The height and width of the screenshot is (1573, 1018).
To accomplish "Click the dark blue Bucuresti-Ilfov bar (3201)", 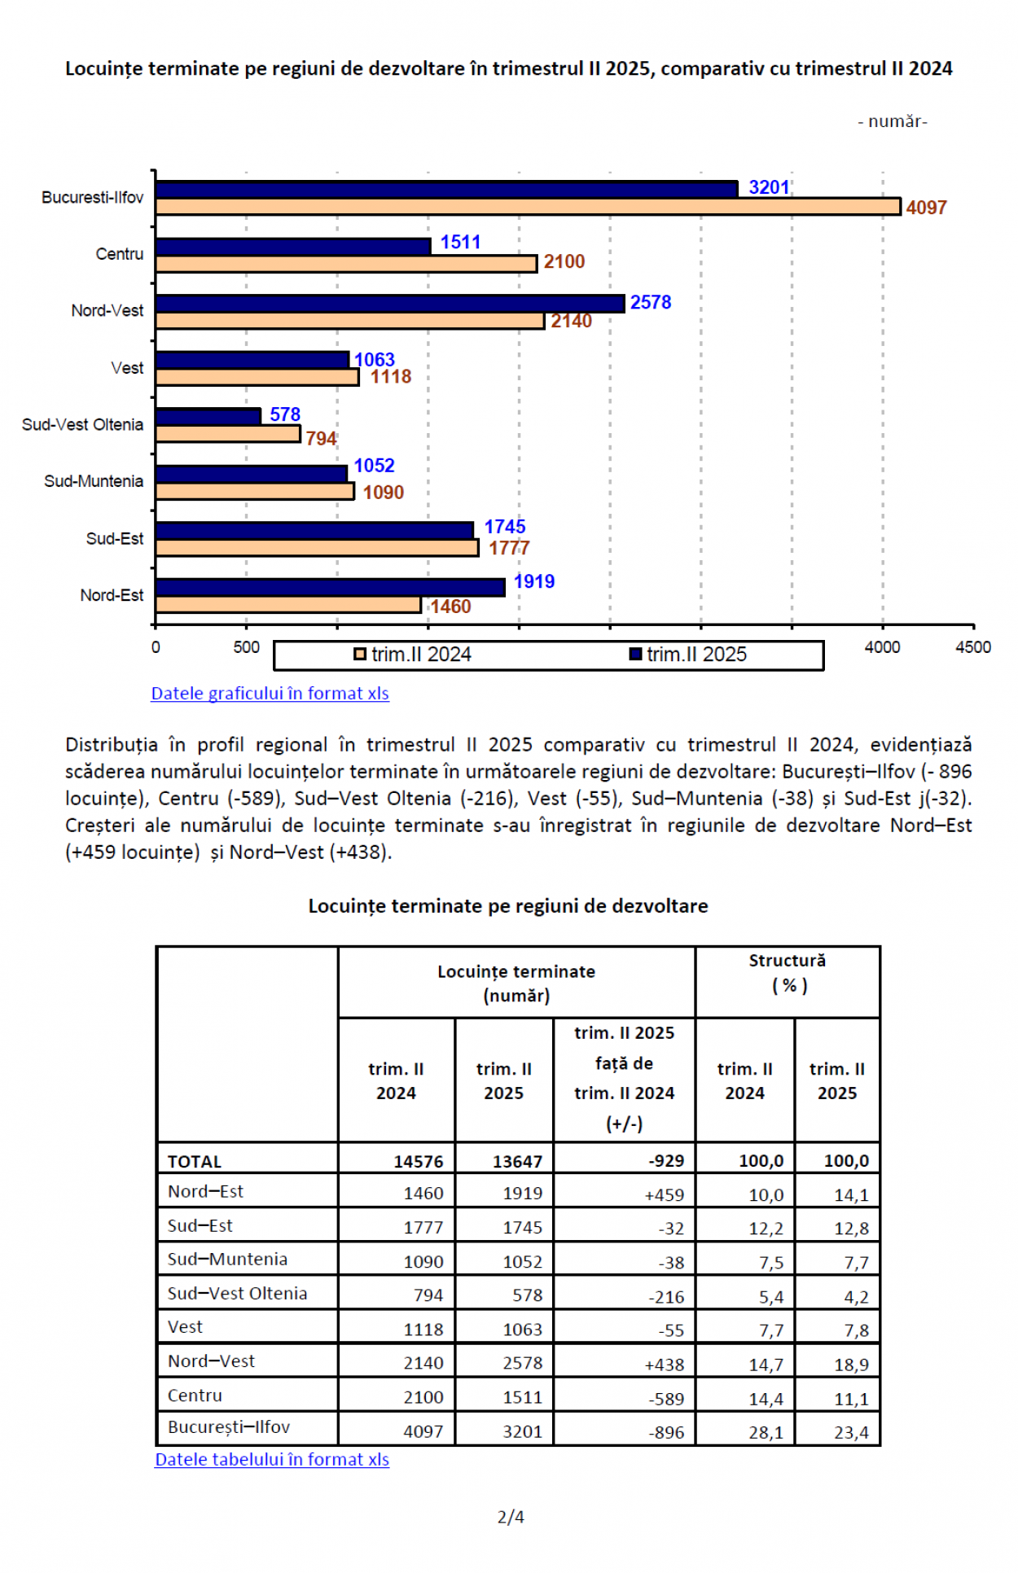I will pos(446,189).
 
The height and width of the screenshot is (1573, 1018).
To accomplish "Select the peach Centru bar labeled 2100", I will pos(346,264).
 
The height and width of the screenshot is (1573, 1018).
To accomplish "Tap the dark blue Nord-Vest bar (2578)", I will pos(389,303).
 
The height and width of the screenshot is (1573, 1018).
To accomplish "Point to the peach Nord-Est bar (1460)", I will pos(288,605).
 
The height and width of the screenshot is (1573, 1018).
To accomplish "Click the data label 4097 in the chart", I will pos(926,208).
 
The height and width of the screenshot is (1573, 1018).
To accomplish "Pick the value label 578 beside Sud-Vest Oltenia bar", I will pos(285,414).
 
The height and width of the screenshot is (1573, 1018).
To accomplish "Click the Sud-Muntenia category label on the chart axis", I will pos(94,481).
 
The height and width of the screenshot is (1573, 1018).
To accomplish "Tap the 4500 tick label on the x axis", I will pos(972,647).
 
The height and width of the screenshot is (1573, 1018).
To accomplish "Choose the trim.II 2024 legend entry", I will pos(413,655).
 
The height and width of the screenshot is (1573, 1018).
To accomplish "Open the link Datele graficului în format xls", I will pos(270,694).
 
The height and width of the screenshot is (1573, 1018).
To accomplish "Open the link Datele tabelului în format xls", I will pos(272,1459).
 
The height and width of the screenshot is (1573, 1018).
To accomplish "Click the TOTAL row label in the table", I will pos(195,1161).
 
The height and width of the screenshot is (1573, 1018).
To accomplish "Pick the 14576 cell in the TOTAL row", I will pos(418,1161).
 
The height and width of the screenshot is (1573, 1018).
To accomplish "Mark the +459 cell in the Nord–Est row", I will pos(664,1194).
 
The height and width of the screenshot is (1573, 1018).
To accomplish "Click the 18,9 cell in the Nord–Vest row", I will pos(851,1365).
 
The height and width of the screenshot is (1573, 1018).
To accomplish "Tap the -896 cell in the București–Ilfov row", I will pos(665,1432).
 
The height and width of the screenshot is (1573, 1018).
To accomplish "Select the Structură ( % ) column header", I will pos(788,973).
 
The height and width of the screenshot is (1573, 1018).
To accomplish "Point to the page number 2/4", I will pos(511,1517).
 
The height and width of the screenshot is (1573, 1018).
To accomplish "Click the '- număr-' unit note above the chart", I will pos(892,121).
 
